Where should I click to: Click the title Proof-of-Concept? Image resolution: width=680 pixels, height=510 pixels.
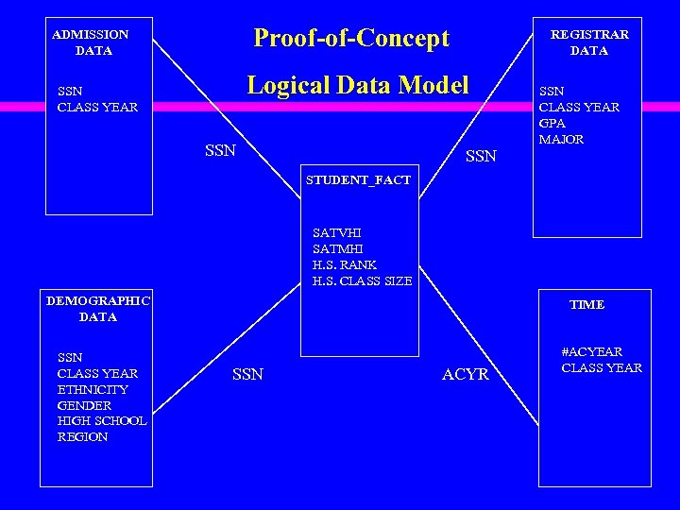tap(351, 39)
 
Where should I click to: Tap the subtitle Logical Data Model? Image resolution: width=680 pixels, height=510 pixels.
tap(358, 85)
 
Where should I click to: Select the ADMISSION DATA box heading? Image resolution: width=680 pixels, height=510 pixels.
tap(91, 42)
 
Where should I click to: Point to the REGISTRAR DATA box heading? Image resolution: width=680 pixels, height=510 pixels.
tap(589, 42)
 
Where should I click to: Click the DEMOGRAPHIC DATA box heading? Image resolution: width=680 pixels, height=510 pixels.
tap(98, 309)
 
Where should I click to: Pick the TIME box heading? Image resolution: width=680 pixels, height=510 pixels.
tap(586, 304)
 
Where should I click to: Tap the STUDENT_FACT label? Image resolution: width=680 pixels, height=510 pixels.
tap(358, 179)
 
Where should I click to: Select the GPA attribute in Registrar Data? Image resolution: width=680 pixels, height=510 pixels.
tap(552, 123)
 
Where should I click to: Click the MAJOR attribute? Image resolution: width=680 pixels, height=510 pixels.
tap(561, 139)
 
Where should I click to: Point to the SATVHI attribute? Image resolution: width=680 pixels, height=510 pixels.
tap(336, 232)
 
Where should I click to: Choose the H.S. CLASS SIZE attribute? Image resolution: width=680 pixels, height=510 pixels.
tap(362, 280)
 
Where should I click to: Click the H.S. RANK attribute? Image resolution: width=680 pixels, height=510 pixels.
tap(345, 264)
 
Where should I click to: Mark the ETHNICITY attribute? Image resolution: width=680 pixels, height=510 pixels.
tap(93, 389)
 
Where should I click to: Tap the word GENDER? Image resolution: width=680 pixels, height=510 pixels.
tap(84, 405)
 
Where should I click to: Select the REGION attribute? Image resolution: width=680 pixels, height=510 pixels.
tap(83, 437)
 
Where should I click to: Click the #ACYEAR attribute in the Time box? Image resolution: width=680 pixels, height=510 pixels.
tap(592, 351)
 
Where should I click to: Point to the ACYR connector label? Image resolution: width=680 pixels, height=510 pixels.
tap(466, 375)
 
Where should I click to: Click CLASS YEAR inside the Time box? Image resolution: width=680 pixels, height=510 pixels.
tap(602, 367)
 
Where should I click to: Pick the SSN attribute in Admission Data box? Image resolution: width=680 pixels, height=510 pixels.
tap(69, 92)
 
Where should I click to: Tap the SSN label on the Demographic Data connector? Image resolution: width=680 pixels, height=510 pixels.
tap(247, 375)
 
